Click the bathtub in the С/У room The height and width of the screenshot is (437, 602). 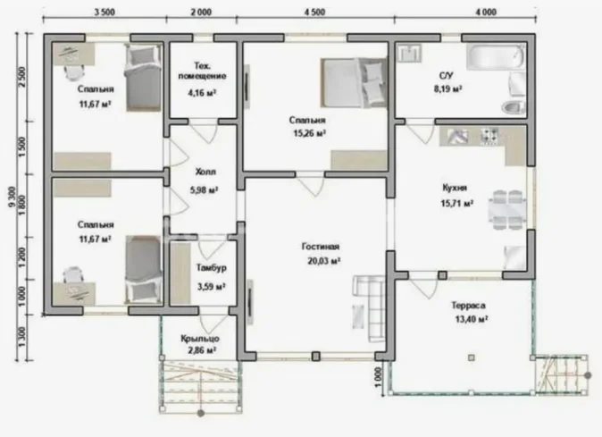click(496, 56)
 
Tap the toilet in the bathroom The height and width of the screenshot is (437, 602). click(514, 107)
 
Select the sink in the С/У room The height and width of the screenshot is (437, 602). click(410, 53)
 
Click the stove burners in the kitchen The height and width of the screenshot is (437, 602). click(490, 137)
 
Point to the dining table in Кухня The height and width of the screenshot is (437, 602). click(507, 210)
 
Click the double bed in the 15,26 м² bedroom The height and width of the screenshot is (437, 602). click(354, 83)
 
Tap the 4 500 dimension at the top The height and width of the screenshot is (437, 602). click(314, 13)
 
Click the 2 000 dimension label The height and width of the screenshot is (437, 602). click(201, 13)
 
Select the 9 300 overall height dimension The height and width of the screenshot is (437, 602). click(12, 197)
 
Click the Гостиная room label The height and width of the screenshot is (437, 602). click(321, 247)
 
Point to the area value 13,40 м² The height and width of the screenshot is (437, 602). click(472, 320)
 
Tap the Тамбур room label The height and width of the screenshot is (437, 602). click(212, 268)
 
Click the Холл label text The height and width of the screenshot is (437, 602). click(205, 172)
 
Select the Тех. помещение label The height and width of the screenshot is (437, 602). click(202, 71)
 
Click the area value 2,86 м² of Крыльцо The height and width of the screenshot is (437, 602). click(201, 350)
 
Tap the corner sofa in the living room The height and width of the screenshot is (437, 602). click(370, 307)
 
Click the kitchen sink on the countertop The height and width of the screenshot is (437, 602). click(457, 137)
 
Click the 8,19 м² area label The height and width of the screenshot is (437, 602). click(447, 89)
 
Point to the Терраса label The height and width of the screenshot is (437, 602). click(468, 306)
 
